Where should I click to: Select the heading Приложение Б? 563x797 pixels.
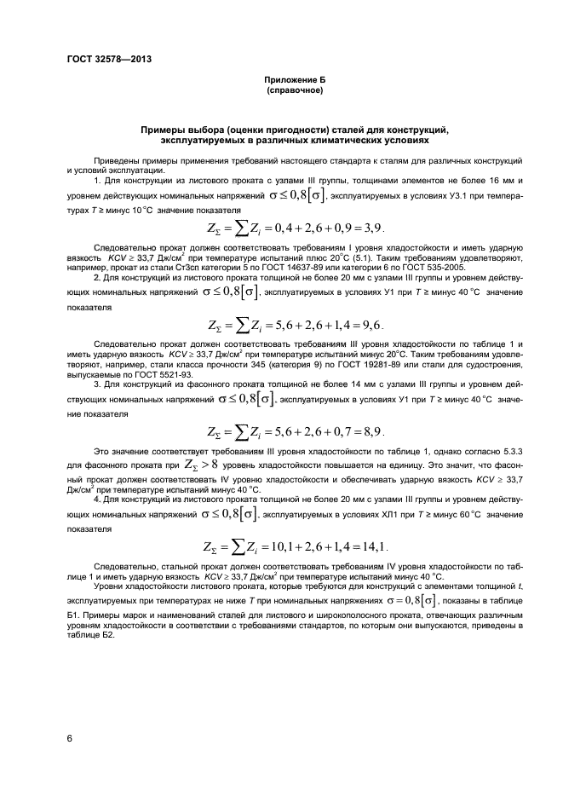point(294,79)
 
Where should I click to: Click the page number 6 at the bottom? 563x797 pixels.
point(69,738)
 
